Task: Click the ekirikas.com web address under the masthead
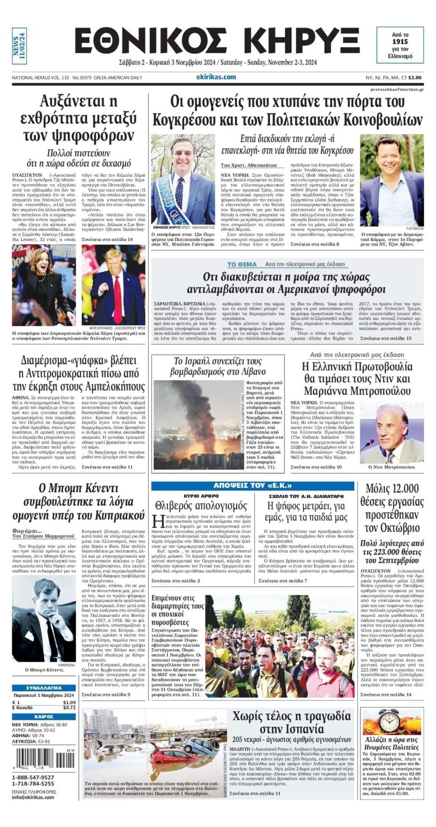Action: pos(216,77)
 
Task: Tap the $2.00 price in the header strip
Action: pos(414,78)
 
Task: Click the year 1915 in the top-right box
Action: pos(399,41)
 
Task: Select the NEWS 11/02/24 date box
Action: pos(19,46)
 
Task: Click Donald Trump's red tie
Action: pos(117,299)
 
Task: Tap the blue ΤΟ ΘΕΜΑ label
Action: pos(242,264)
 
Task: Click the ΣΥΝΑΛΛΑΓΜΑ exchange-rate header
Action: pos(44,688)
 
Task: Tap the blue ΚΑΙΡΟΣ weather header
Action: pos(44,717)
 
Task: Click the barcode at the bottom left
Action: pos(43,759)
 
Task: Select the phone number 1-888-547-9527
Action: pos(33,777)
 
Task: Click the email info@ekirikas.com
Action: pos(33,797)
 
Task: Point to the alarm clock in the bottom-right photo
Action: pos(389,721)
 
